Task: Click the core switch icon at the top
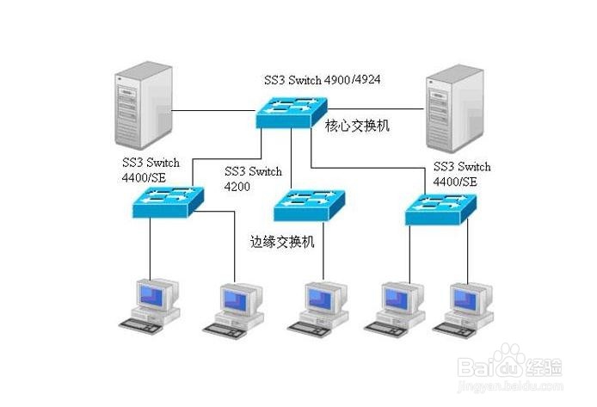(287, 111)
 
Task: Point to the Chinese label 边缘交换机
(281, 242)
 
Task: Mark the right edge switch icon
(441, 207)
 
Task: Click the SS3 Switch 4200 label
(253, 178)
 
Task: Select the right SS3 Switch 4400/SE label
(462, 173)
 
